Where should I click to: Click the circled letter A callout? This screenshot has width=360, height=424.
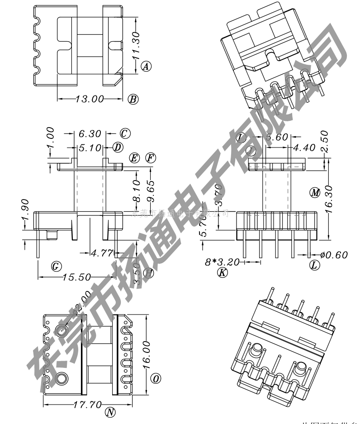coord(146,67)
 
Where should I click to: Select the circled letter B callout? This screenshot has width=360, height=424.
coord(133,99)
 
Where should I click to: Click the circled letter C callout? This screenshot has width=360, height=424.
coord(125,133)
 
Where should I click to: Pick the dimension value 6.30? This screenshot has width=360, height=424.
coord(90,134)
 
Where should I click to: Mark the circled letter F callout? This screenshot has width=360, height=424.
coord(151,158)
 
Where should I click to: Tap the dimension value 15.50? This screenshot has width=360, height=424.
coord(76,277)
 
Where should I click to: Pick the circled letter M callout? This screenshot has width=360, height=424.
coord(315,192)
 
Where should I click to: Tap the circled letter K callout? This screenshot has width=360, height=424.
coord(222,272)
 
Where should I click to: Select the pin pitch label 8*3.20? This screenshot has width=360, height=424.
coord(222,262)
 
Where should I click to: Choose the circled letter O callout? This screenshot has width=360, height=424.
coord(156,379)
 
